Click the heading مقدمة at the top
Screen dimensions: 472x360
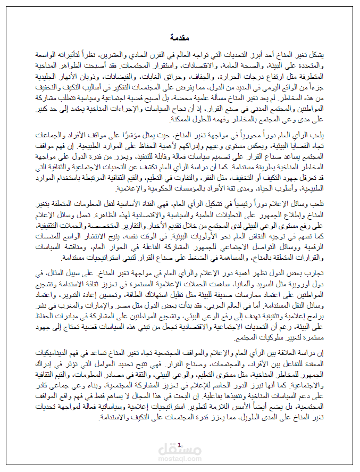click(180, 38)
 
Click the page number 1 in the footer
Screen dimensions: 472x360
click(180, 445)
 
